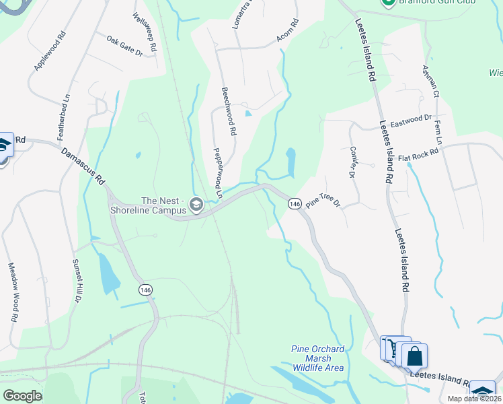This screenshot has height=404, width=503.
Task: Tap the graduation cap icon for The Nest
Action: coord(196,205)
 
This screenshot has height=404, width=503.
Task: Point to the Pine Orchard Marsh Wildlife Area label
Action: coord(318,358)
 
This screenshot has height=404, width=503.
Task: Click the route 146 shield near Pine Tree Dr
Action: coord(294,203)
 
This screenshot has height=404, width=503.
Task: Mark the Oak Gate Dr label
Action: coord(124,46)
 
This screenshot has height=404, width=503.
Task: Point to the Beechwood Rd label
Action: coord(229,112)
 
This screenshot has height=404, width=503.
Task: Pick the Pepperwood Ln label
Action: coord(218,173)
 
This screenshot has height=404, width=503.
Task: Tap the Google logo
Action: coord(23,396)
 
